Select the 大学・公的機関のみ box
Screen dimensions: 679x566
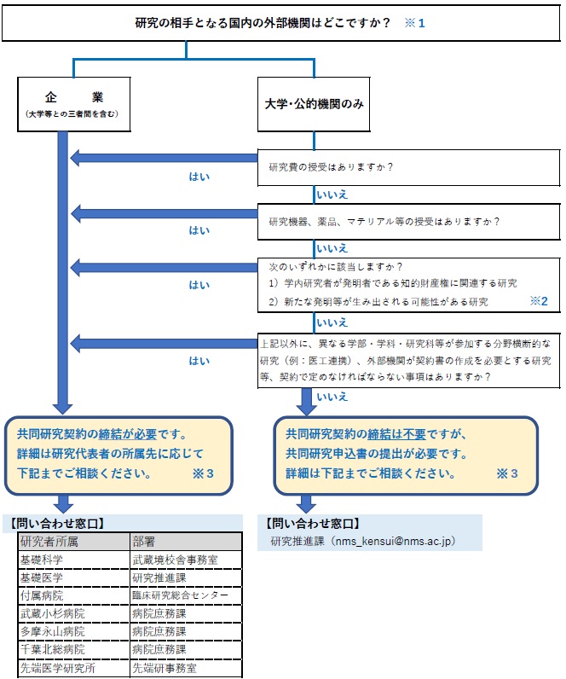(315, 104)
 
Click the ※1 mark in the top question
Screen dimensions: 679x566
(414, 22)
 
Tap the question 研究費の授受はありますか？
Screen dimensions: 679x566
(331, 167)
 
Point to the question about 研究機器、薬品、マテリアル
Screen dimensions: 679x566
(384, 221)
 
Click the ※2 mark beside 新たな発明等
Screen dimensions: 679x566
(538, 301)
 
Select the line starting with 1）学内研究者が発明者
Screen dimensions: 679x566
(393, 283)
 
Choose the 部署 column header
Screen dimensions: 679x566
(146, 541)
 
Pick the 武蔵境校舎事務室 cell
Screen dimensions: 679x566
(176, 560)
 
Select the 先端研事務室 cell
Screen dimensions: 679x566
(165, 668)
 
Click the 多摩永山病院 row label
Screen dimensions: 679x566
(52, 631)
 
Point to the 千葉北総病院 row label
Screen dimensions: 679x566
(52, 650)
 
